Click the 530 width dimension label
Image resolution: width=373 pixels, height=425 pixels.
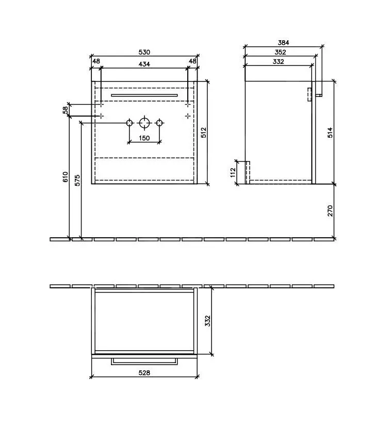tap(144, 52)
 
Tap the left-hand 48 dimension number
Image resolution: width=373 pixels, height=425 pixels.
tap(96, 61)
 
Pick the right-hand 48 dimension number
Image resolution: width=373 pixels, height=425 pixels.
tap(193, 61)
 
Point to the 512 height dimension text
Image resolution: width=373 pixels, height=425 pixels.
tap(204, 133)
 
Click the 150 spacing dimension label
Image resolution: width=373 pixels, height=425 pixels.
tap(144, 138)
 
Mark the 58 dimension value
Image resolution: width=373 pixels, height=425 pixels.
tap(66, 110)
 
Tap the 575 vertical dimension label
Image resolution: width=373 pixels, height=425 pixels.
tap(77, 181)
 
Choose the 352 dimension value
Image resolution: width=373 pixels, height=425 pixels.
tap(281, 52)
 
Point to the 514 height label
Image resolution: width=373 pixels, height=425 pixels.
tap(330, 133)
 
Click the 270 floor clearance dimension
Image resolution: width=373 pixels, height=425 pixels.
tap(330, 210)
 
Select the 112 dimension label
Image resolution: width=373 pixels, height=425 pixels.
tap(233, 172)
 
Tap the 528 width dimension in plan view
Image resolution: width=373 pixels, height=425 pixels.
tap(144, 373)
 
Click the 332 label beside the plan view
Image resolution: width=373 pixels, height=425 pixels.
tap(208, 321)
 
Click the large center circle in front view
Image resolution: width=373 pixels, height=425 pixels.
tap(144, 123)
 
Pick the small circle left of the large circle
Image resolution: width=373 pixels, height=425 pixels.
tap(129, 123)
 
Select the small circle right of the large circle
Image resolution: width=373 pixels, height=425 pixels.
tap(159, 123)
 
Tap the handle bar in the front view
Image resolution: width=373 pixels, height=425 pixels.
tap(144, 95)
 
